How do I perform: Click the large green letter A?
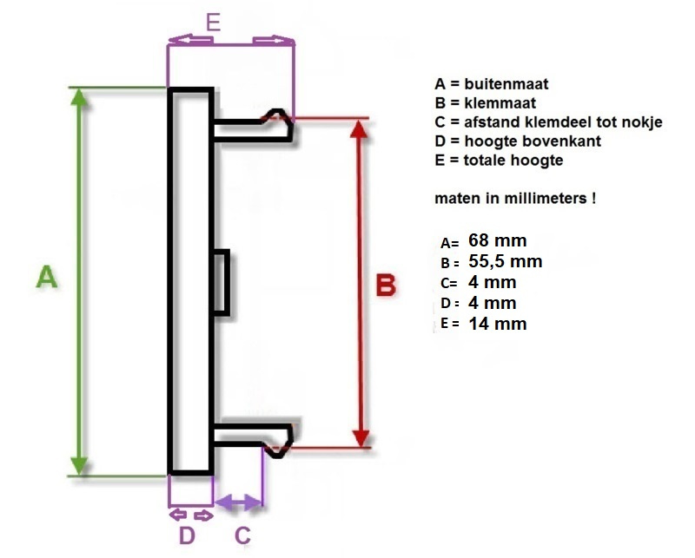47,277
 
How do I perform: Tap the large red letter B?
386,285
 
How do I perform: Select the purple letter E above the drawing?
213,22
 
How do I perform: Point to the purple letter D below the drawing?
187,535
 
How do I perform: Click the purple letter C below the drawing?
242,535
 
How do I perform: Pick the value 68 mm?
497,240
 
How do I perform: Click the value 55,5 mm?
506,261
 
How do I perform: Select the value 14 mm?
497,324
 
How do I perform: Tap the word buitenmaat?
506,83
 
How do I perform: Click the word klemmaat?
500,102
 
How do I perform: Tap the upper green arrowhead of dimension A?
79,97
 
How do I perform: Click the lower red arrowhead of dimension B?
362,438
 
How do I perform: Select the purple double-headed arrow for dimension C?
238,502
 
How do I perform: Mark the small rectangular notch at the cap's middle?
222,283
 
